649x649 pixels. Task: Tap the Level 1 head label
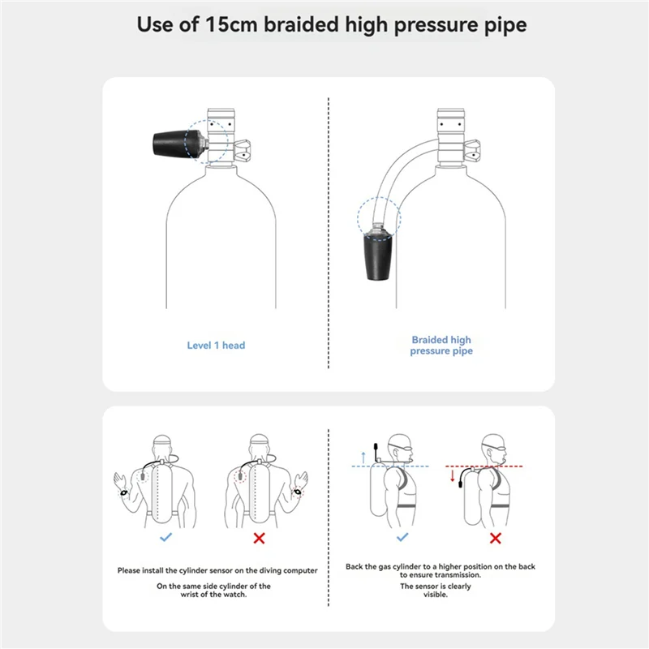tap(216, 346)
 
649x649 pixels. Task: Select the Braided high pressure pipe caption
tap(441, 346)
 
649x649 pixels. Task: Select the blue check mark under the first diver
tap(166, 537)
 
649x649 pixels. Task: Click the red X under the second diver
tap(260, 537)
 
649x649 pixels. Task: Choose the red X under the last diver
tap(494, 537)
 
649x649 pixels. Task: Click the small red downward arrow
tap(452, 476)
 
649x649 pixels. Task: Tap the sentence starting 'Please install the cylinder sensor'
tap(217, 570)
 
